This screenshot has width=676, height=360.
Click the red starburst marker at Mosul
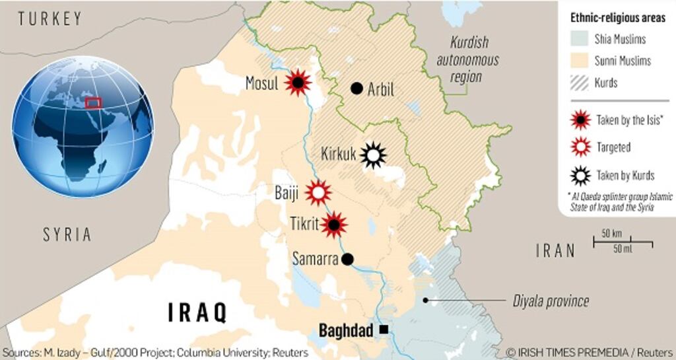pos(298,83)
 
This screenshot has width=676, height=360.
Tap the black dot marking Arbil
pos(357,88)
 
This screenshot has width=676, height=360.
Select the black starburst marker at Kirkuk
pos(373,155)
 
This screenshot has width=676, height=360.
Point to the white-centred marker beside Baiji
pos(318,193)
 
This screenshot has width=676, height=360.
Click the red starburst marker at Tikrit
pos(334,225)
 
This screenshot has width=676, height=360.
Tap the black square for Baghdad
pos(384,329)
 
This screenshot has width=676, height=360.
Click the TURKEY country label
pos(50,18)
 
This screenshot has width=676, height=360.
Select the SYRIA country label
pos(67,234)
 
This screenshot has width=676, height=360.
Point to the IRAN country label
pos(555,250)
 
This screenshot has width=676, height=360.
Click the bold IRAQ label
pos(197,312)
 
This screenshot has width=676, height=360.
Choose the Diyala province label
pos(551,301)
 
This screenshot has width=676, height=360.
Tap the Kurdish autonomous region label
pos(469,59)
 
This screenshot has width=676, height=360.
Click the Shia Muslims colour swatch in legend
pos(581,39)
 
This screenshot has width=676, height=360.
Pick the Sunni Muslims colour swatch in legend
pos(581,61)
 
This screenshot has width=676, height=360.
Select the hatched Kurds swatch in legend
pos(581,83)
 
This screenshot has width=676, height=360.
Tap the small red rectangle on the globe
pos(93,102)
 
